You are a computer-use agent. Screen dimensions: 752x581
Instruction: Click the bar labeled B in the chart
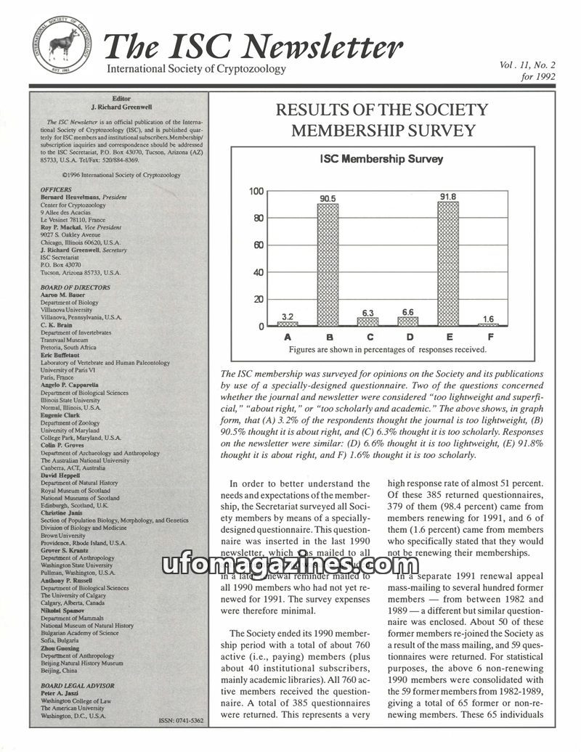point(328,264)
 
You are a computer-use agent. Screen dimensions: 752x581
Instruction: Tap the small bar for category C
point(367,321)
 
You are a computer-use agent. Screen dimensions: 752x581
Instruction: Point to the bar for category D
point(408,321)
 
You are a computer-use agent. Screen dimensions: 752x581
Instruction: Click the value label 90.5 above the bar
point(328,197)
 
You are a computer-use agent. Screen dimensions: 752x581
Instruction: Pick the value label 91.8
point(448,196)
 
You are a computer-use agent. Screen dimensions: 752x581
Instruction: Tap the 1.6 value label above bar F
point(488,318)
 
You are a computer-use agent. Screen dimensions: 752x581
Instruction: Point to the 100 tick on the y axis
point(256,191)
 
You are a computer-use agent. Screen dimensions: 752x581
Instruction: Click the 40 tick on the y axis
point(258,272)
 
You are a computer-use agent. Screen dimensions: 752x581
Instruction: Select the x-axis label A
point(288,337)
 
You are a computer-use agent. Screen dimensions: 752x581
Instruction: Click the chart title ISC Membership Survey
point(382,159)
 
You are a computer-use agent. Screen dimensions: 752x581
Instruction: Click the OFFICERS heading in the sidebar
point(56,189)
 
